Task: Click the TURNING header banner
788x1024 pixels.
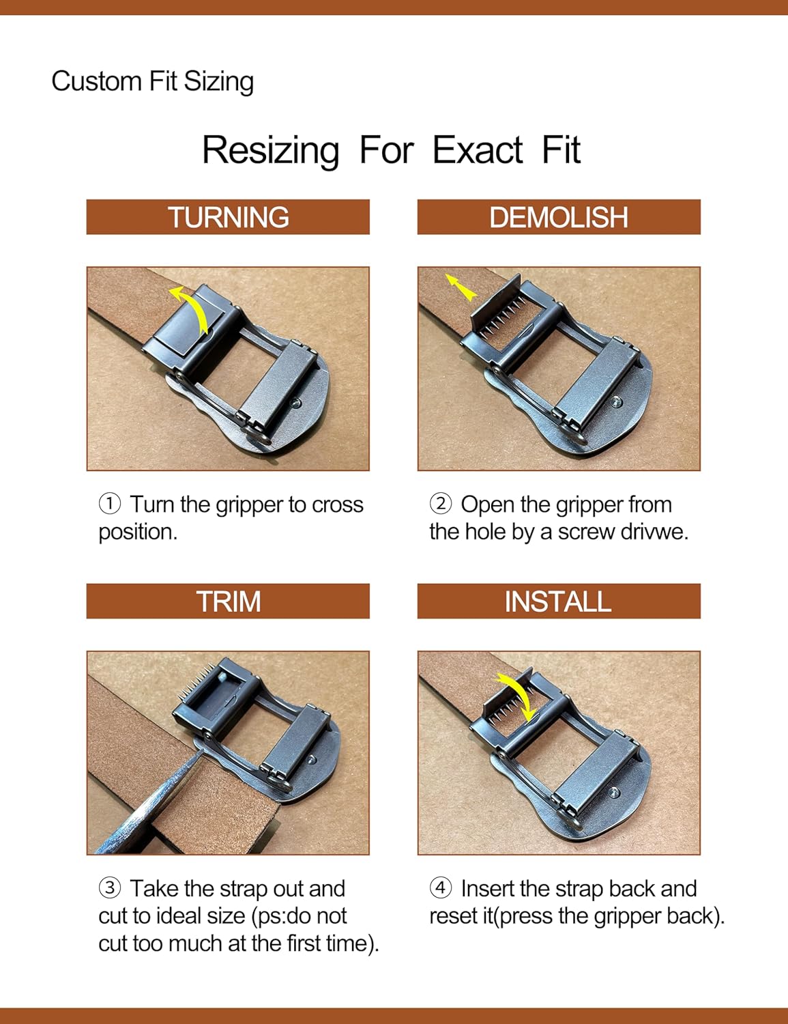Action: [228, 217]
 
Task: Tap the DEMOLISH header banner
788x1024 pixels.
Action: [559, 217]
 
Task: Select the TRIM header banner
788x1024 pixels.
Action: [228, 601]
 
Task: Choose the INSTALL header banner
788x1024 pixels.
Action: [559, 601]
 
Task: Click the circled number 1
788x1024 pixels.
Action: [110, 504]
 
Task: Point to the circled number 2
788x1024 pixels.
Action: [441, 504]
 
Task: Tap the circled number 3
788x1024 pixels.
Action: [110, 888]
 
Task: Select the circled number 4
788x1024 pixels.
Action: [441, 888]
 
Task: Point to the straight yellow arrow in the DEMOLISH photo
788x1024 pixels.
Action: [461, 287]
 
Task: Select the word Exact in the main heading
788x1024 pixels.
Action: [478, 150]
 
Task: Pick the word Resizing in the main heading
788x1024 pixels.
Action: [270, 151]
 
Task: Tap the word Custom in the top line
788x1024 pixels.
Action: [96, 81]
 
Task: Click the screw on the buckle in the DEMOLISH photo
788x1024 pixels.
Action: [616, 402]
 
